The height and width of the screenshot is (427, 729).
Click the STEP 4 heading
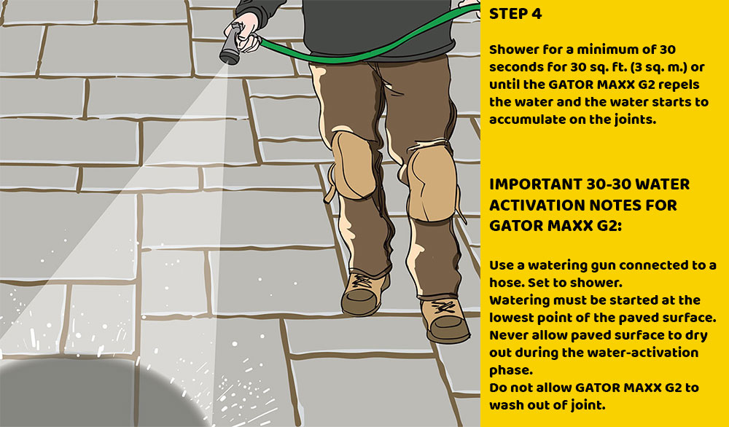click(517, 14)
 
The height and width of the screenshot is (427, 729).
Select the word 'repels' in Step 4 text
click(683, 85)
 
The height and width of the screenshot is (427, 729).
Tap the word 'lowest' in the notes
click(511, 318)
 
